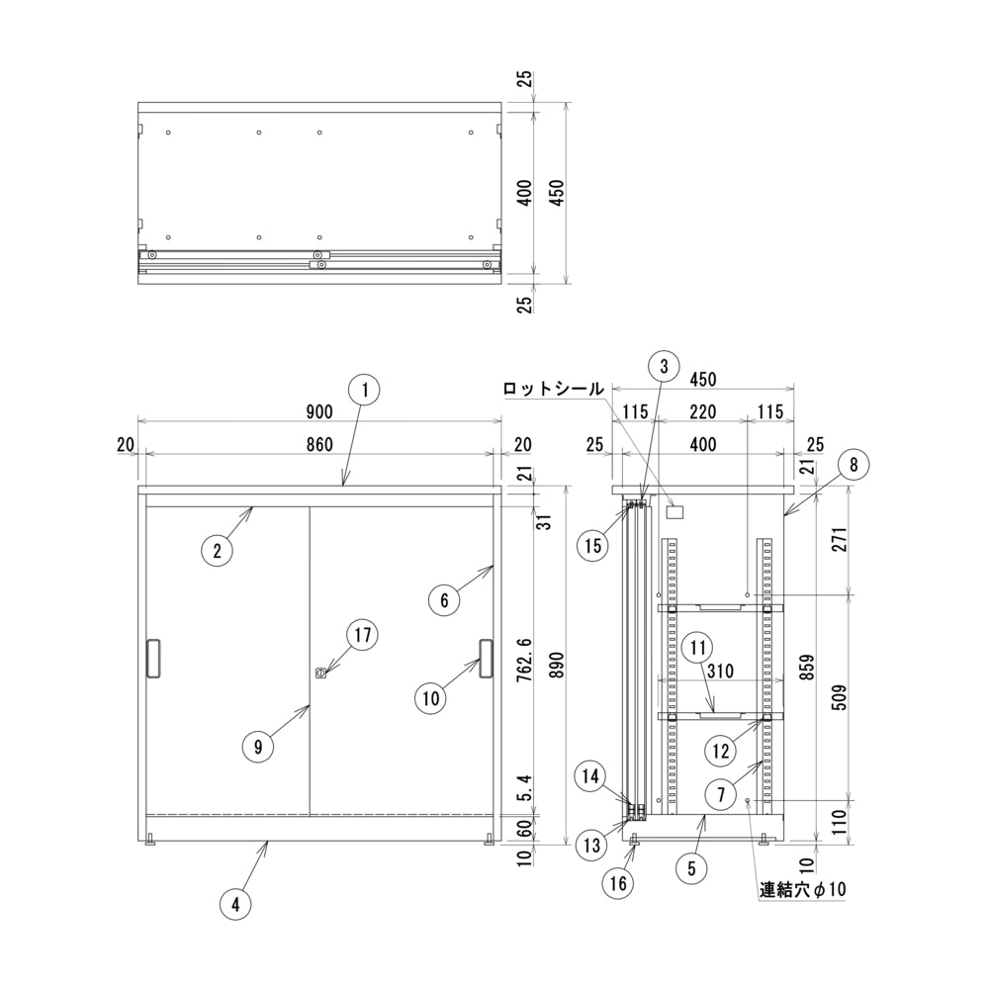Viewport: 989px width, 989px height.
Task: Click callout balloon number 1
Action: [365, 390]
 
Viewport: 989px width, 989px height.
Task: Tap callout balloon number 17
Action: [363, 635]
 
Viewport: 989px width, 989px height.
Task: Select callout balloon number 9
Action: [257, 748]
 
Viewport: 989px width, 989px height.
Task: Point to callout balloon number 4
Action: [234, 903]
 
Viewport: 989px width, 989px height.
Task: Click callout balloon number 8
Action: [854, 463]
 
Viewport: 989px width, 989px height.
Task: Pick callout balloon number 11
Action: [698, 649]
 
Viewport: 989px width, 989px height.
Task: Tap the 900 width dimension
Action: [318, 411]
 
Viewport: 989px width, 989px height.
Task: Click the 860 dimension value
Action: [318, 445]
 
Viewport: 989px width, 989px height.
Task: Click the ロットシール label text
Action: [553, 389]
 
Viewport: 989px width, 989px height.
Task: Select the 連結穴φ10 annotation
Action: [803, 890]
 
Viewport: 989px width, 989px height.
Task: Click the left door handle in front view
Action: [153, 660]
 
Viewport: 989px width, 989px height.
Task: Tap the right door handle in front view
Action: [486, 660]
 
